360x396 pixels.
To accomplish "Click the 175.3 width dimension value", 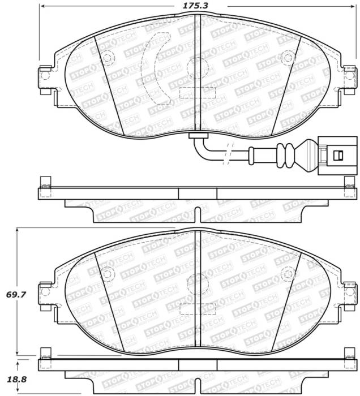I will click(x=191, y=7).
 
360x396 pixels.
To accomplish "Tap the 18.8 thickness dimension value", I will click(x=11, y=380).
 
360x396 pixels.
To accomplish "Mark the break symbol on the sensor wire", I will click(x=229, y=152).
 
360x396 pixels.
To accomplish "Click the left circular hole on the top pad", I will click(x=108, y=57).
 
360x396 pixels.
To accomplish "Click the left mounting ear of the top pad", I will click(x=44, y=76).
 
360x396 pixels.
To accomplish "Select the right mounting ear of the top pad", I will click(x=348, y=76).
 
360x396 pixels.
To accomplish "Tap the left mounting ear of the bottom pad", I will click(x=44, y=294).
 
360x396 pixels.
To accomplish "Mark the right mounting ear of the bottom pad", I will click(x=348, y=294).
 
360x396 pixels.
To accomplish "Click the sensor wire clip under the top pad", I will click(x=196, y=135).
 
